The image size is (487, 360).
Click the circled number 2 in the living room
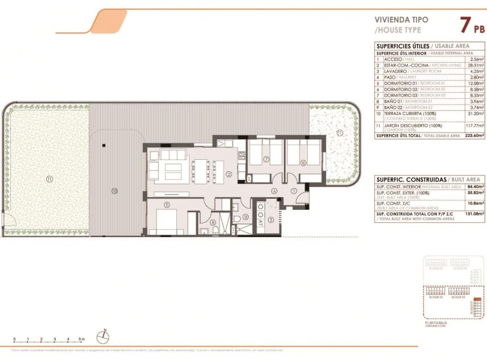pos(228,174)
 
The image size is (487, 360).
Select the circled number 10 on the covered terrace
pos(114,191)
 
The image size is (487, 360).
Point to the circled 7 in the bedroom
pos(266,160)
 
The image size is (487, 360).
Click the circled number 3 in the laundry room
pos(271,220)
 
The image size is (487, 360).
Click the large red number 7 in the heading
pos(465,25)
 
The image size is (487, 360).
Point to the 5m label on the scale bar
pos(82,339)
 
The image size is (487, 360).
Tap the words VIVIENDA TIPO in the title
pos(402,19)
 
